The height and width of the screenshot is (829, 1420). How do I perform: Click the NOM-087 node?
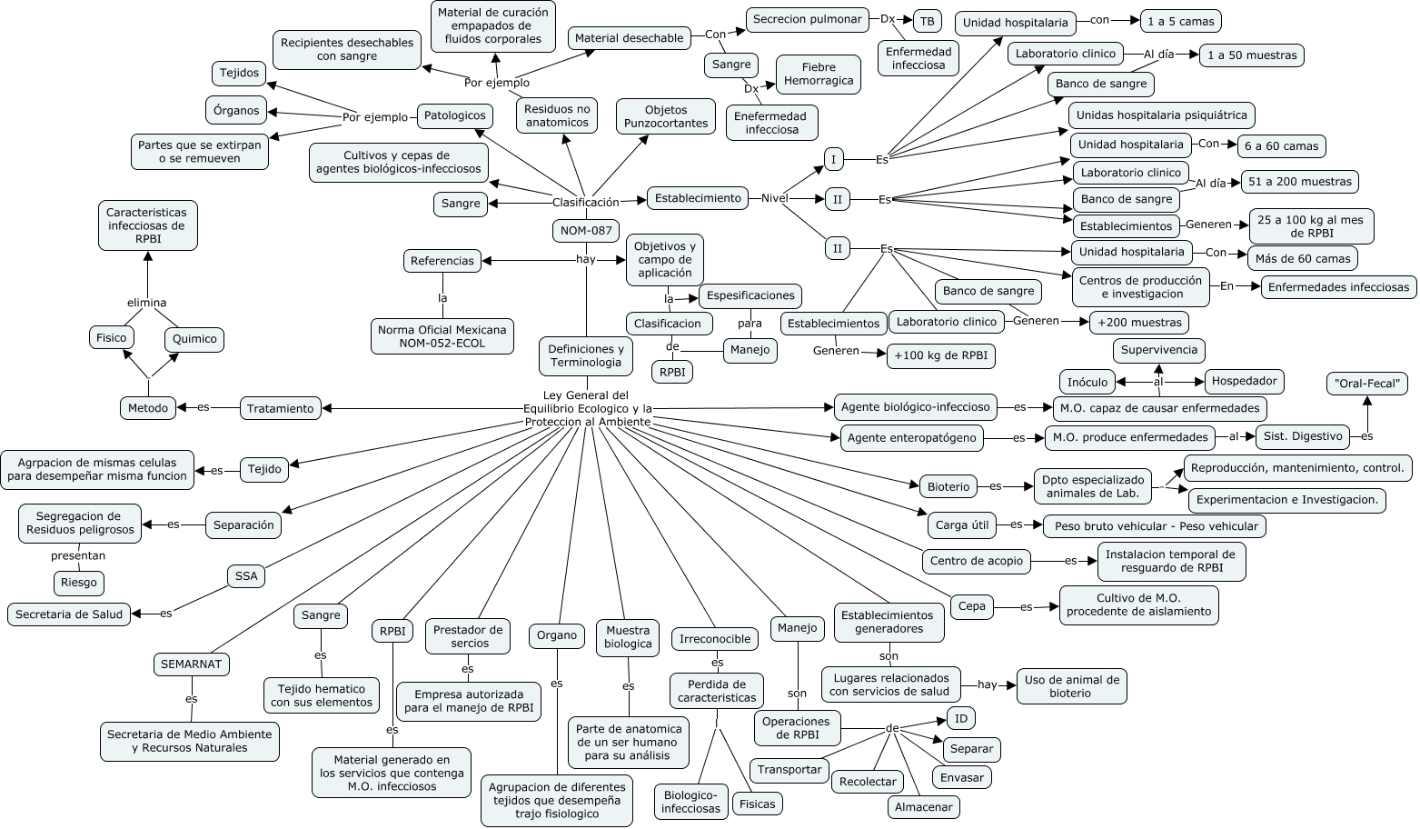click(586, 231)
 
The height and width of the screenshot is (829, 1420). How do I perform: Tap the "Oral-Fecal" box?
click(1366, 384)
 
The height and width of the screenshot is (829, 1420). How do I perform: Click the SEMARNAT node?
click(191, 664)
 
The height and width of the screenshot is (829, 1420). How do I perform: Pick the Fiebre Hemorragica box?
click(819, 74)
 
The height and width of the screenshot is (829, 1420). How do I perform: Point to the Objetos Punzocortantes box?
click(666, 116)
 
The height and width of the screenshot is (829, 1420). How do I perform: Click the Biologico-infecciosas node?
click(691, 802)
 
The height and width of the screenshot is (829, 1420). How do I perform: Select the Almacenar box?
click(923, 806)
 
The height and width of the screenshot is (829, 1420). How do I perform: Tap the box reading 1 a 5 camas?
click(1180, 22)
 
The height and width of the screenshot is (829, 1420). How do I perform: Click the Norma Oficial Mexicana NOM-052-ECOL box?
click(442, 336)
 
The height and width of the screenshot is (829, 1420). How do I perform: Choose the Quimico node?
click(194, 339)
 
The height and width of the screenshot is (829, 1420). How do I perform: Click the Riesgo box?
click(78, 583)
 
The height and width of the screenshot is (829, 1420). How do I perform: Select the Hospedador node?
click(1244, 381)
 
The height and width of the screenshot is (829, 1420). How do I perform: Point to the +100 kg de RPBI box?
click(940, 356)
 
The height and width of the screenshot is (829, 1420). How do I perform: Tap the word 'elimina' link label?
click(146, 303)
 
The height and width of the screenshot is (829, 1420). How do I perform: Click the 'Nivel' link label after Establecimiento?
click(774, 198)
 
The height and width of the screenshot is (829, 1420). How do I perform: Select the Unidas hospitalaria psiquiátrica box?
click(1162, 115)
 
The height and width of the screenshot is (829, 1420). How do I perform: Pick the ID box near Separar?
click(960, 718)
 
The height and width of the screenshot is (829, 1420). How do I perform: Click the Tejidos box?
click(240, 73)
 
